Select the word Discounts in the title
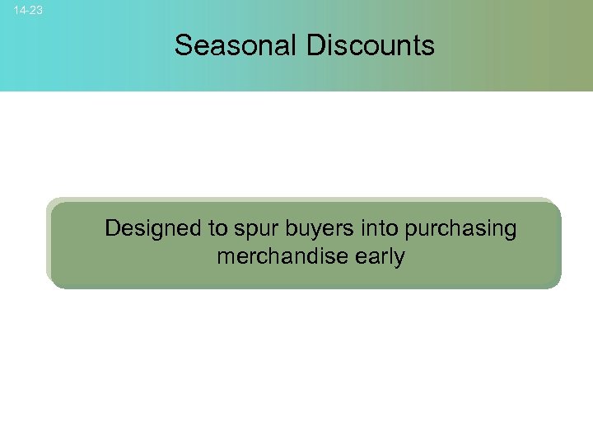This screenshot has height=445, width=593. point(371,45)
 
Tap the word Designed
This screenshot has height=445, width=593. point(147,228)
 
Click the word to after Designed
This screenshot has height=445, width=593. point(204,228)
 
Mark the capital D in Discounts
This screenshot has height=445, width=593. point(315,45)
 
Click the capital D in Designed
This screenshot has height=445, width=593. point(113,227)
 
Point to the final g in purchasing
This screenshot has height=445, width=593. point(510,231)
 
